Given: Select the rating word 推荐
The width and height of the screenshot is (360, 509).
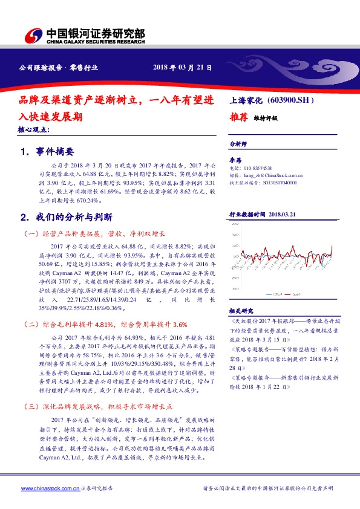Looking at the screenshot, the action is pyautogui.click(x=238, y=117).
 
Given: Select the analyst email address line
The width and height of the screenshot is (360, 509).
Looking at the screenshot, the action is pyautogui.click(x=266, y=174).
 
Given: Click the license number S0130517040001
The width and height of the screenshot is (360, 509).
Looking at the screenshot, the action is pyautogui.click(x=264, y=181).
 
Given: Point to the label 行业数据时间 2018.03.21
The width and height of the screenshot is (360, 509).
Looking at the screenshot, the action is pyautogui.click(x=263, y=214).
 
